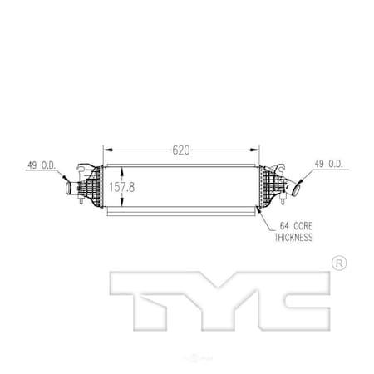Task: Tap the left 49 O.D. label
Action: (41, 165)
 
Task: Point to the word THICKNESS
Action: (293, 237)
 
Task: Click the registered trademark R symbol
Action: (338, 263)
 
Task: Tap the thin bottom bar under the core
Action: (179, 214)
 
